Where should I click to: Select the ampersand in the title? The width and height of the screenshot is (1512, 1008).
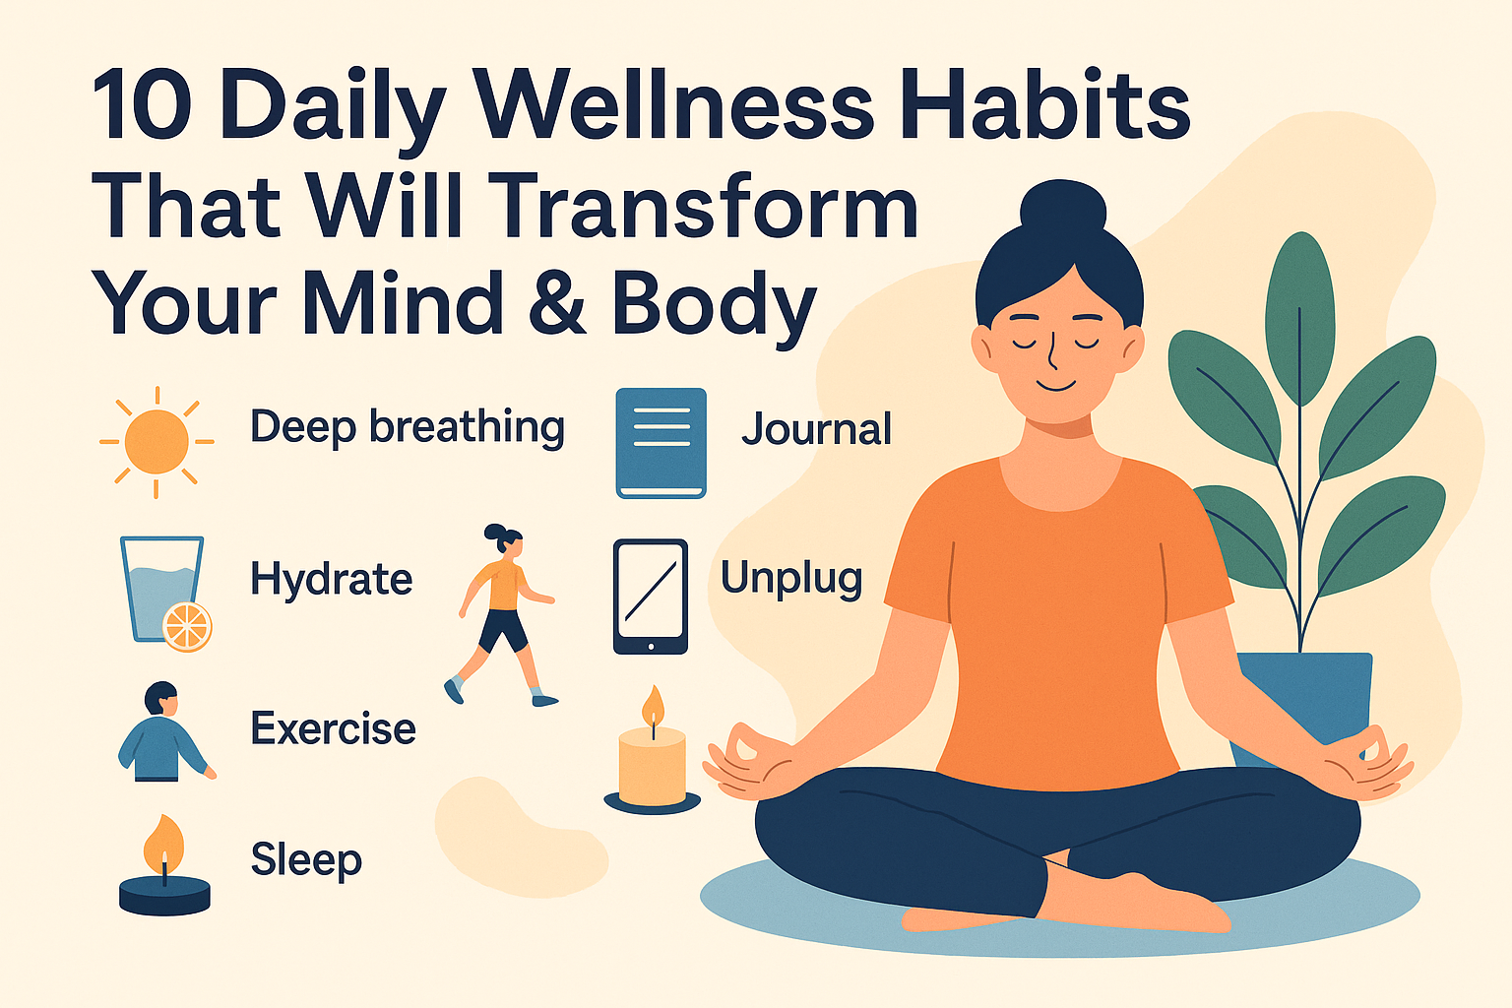pos(557,304)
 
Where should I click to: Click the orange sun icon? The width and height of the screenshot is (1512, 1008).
pos(157,442)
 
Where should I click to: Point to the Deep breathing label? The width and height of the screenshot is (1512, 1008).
pos(408,428)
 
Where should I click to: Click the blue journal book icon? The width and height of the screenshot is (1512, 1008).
pos(661,443)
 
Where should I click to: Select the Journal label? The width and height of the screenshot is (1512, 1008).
pos(817,428)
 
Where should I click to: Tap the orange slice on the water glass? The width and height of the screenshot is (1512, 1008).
pos(188,627)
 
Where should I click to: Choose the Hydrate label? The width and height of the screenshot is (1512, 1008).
pos(332,579)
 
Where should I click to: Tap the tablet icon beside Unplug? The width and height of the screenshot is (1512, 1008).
pos(650,597)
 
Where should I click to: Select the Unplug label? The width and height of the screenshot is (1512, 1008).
pos(791,579)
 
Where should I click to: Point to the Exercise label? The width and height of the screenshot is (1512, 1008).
pos(334,727)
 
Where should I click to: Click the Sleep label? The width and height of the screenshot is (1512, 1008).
pos(306,860)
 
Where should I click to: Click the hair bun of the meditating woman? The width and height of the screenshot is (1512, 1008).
pos(1063,206)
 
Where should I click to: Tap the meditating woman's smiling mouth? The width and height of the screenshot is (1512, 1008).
pos(1056,386)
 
